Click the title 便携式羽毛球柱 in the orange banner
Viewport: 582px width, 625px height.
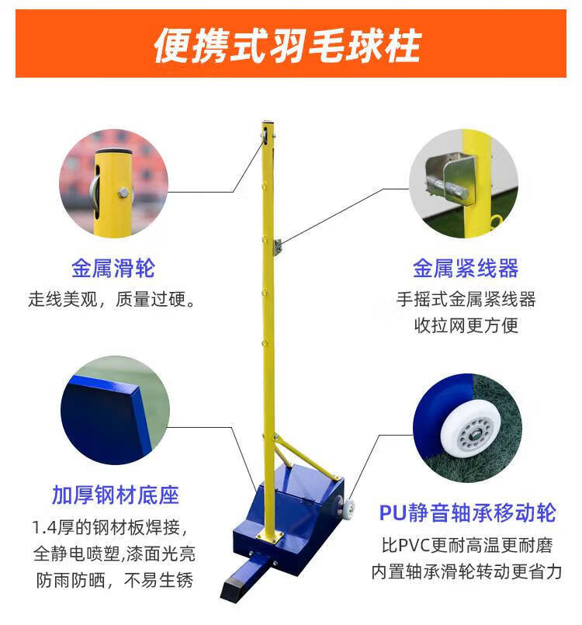pos(287,46)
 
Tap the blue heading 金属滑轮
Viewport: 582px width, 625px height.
pos(113,268)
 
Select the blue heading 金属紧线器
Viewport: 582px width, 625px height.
pos(466,268)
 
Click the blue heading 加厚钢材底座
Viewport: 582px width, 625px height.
pos(116,495)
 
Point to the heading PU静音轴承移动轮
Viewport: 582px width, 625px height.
pos(467,512)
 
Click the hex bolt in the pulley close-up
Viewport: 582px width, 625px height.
pos(123,193)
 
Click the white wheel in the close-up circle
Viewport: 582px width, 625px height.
pos(471,433)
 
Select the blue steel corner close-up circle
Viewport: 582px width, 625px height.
pos(115,410)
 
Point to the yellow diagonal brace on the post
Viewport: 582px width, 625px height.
pos(306,457)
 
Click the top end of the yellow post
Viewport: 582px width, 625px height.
pos(268,123)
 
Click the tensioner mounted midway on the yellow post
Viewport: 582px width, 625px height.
pos(278,247)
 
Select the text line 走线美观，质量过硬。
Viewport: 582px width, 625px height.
pos(112,300)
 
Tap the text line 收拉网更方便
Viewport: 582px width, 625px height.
pos(466,325)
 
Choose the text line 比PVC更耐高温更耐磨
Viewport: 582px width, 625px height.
pos(467,545)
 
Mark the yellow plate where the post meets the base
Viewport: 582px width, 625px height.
pos(268,536)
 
